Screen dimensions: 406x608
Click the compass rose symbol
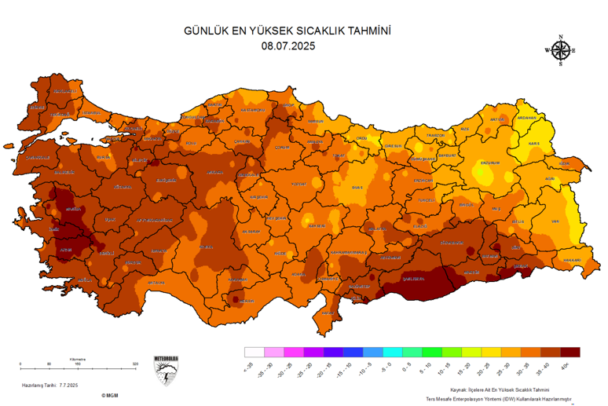click(560, 50)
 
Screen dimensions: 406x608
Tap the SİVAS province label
click(360, 188)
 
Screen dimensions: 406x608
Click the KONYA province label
click(207, 246)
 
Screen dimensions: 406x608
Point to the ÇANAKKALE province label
click(39, 156)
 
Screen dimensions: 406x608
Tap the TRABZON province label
click(435, 135)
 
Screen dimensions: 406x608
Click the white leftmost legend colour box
click(253, 352)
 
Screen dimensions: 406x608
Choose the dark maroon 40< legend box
click(570, 352)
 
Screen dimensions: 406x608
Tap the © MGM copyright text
click(109, 396)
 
